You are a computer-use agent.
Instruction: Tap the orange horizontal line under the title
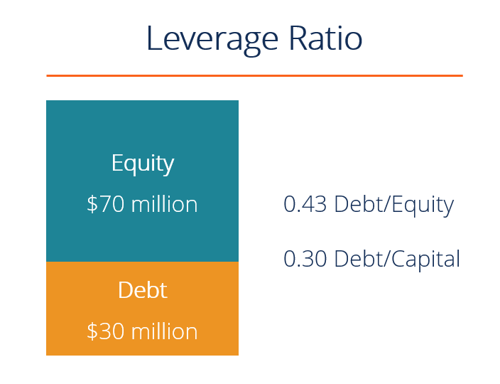254,75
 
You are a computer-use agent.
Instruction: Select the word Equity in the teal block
143,164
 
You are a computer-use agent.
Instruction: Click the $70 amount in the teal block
106,205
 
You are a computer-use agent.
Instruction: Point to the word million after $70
165,205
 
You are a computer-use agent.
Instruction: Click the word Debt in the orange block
143,290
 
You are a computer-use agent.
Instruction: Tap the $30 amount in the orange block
106,331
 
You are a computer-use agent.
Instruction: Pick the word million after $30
165,331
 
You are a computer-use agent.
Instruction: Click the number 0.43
305,205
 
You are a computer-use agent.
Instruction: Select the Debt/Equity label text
393,205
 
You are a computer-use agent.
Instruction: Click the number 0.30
305,259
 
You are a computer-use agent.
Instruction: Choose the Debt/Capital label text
397,259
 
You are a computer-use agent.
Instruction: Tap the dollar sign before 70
92,205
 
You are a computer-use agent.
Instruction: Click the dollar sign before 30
92,331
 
